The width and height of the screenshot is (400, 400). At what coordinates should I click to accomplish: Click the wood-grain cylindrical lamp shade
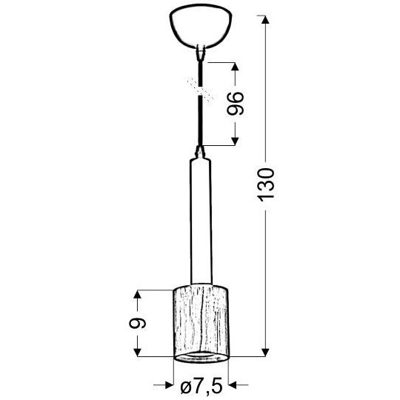(199, 317)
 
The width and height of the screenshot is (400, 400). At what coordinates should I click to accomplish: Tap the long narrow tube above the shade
(199, 222)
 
